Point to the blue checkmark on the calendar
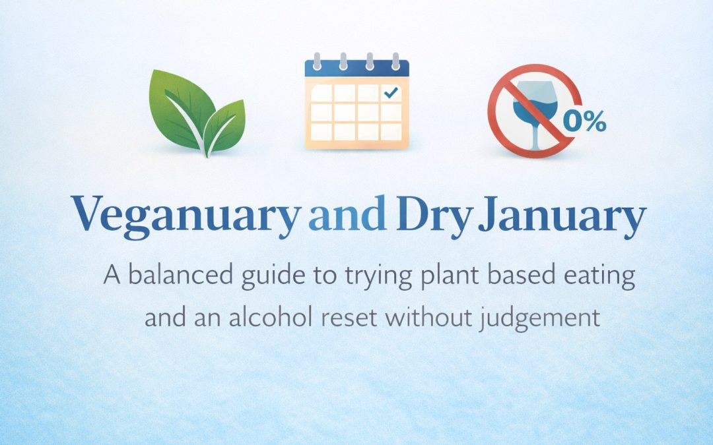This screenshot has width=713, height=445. (x=391, y=94)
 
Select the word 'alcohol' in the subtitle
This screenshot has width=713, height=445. (x=240, y=318)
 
